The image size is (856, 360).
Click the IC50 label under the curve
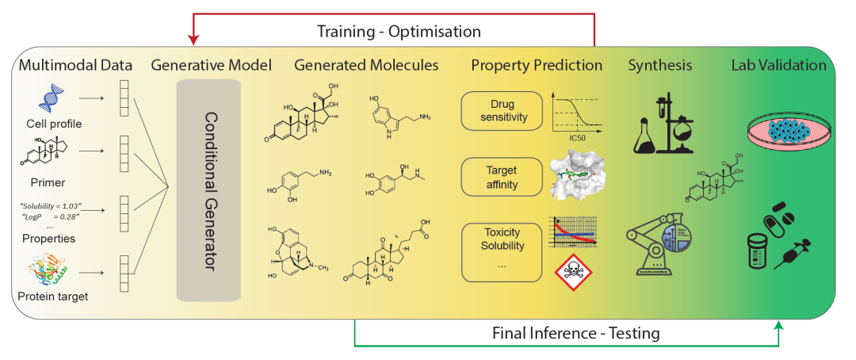[x=577, y=137]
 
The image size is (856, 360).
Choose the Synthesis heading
[x=659, y=65]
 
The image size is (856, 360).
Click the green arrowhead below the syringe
[x=780, y=324]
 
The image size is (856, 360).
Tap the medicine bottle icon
[x=761, y=252]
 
